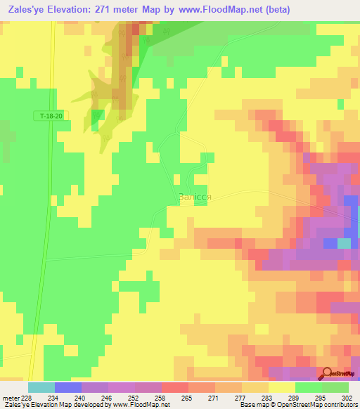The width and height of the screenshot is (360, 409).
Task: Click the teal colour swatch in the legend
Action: click(x=41, y=387)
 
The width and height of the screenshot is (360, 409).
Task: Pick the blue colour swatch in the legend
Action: click(x=68, y=387)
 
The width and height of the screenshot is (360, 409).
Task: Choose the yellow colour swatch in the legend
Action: click(x=282, y=387)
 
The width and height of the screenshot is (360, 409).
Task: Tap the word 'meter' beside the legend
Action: click(x=10, y=397)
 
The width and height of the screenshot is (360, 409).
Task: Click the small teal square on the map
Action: click(x=344, y=243)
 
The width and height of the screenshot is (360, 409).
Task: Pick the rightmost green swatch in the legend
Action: click(x=335, y=387)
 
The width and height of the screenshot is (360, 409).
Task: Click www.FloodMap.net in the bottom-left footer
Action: click(x=141, y=405)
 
